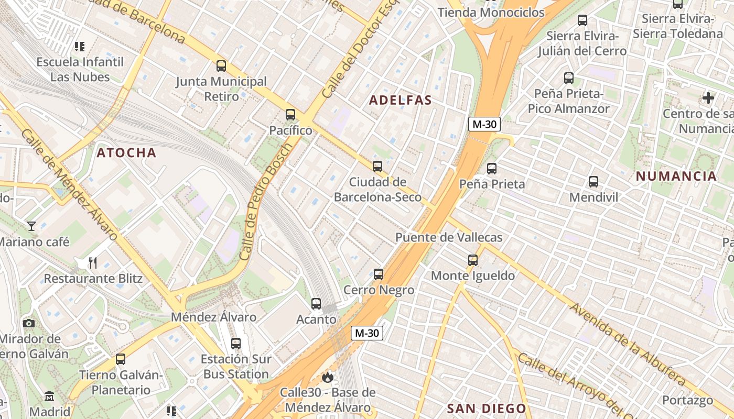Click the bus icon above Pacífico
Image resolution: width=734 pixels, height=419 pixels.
290,115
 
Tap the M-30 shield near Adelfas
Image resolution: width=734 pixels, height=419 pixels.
484,124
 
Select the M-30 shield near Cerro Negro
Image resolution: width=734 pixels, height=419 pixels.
367,333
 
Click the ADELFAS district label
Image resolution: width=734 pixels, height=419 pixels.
401,100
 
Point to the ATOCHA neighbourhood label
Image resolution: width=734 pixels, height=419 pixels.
126,152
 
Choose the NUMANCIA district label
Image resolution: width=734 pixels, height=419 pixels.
676,176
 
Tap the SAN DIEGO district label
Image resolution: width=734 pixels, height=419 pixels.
487,408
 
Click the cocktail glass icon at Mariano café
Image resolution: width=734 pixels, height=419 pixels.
31,226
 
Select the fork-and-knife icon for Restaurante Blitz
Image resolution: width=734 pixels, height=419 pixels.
93,262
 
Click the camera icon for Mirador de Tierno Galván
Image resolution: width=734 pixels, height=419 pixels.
29,323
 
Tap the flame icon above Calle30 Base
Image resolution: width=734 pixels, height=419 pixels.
328,377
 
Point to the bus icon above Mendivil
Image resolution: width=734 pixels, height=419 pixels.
593,182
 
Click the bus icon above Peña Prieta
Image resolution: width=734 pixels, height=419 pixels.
492,169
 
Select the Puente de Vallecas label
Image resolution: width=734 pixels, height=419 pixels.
449,237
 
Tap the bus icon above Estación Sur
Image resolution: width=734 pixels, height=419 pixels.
236,344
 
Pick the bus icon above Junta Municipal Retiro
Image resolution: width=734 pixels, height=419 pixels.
221,66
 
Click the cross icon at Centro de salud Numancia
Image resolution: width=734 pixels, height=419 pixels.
708,98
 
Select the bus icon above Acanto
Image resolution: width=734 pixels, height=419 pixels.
316,304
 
